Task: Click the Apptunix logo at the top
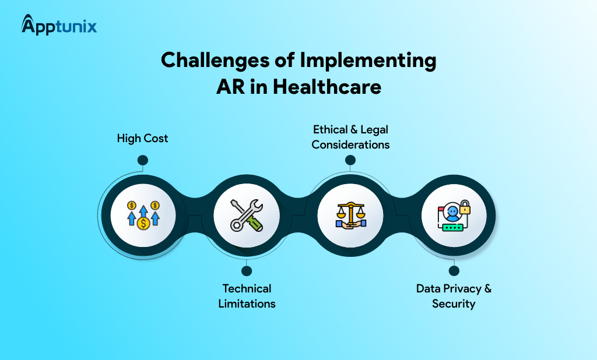59,25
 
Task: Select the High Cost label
142,139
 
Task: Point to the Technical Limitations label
247,296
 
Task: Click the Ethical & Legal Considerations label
350,136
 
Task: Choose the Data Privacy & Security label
454,296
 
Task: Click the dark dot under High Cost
142,160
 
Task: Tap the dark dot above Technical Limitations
246,270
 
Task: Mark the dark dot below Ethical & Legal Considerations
350,160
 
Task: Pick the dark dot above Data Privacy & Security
454,270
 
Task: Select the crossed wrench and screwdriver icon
246,214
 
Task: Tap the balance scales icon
350,214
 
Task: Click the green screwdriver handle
255,223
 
